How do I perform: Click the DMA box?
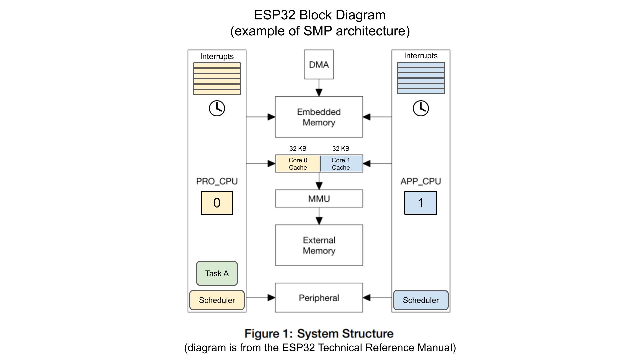[x=319, y=64]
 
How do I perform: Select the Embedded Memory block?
[x=319, y=117]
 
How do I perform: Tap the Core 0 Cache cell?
[x=298, y=164]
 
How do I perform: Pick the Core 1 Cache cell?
[x=341, y=164]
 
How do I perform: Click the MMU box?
[x=319, y=199]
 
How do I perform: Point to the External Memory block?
[x=319, y=245]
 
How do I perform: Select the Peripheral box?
[x=319, y=298]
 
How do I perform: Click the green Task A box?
[x=217, y=273]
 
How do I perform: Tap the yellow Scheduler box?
[x=217, y=300]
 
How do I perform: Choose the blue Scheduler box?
[x=421, y=300]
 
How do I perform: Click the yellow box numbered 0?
[x=217, y=203]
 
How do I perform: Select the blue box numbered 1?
[x=421, y=203]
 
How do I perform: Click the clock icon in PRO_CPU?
[x=217, y=108]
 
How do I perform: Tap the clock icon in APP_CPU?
[x=421, y=108]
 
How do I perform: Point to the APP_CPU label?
[x=421, y=181]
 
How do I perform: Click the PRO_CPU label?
[x=217, y=181]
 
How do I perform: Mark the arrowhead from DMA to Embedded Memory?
[x=319, y=92]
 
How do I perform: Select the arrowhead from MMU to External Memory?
[x=319, y=221]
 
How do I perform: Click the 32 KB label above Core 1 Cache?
[x=341, y=148]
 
